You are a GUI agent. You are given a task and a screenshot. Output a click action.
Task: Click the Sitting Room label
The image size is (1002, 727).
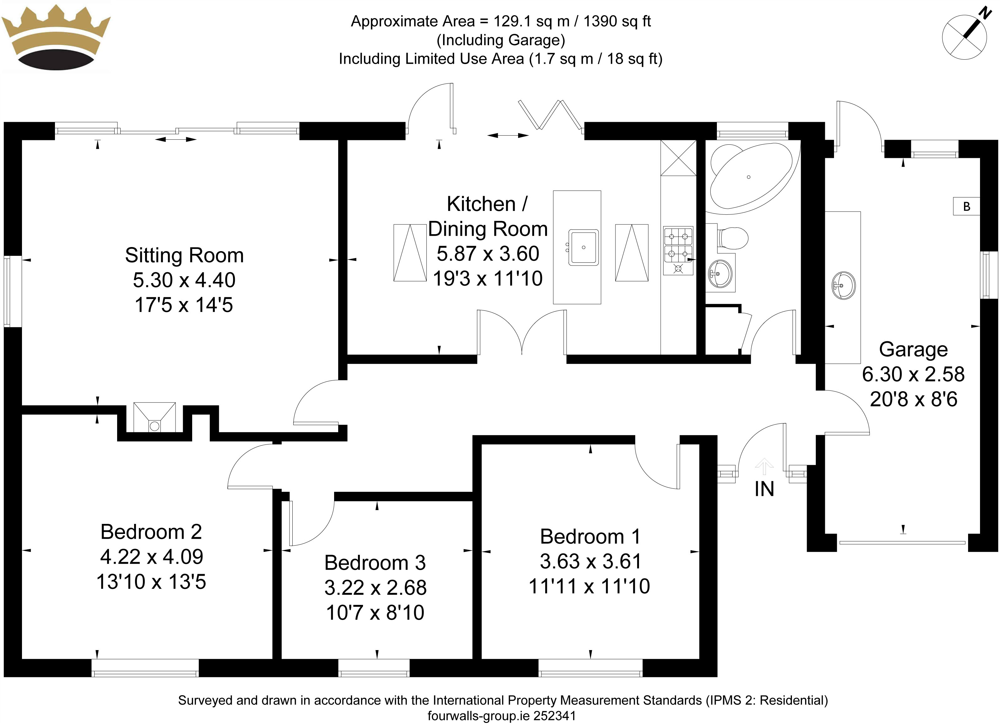tap(184, 255)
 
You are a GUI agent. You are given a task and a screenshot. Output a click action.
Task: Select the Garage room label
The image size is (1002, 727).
tap(913, 349)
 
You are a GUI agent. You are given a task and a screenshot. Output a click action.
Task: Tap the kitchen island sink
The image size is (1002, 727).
tap(583, 247)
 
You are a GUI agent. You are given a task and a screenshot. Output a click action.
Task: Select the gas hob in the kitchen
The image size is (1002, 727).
tap(678, 251)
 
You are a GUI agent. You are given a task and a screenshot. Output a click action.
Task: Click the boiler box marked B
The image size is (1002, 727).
tap(966, 206)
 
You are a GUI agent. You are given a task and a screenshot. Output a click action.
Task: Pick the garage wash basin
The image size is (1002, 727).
tap(843, 286)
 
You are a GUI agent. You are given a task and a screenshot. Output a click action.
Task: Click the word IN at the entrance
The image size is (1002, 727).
tap(764, 489)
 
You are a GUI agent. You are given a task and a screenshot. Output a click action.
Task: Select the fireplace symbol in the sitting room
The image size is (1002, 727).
tap(154, 417)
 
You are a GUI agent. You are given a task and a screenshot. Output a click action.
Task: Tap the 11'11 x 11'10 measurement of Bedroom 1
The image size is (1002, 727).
tap(589, 587)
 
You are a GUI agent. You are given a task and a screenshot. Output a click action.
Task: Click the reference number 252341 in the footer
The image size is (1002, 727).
tap(555, 716)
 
